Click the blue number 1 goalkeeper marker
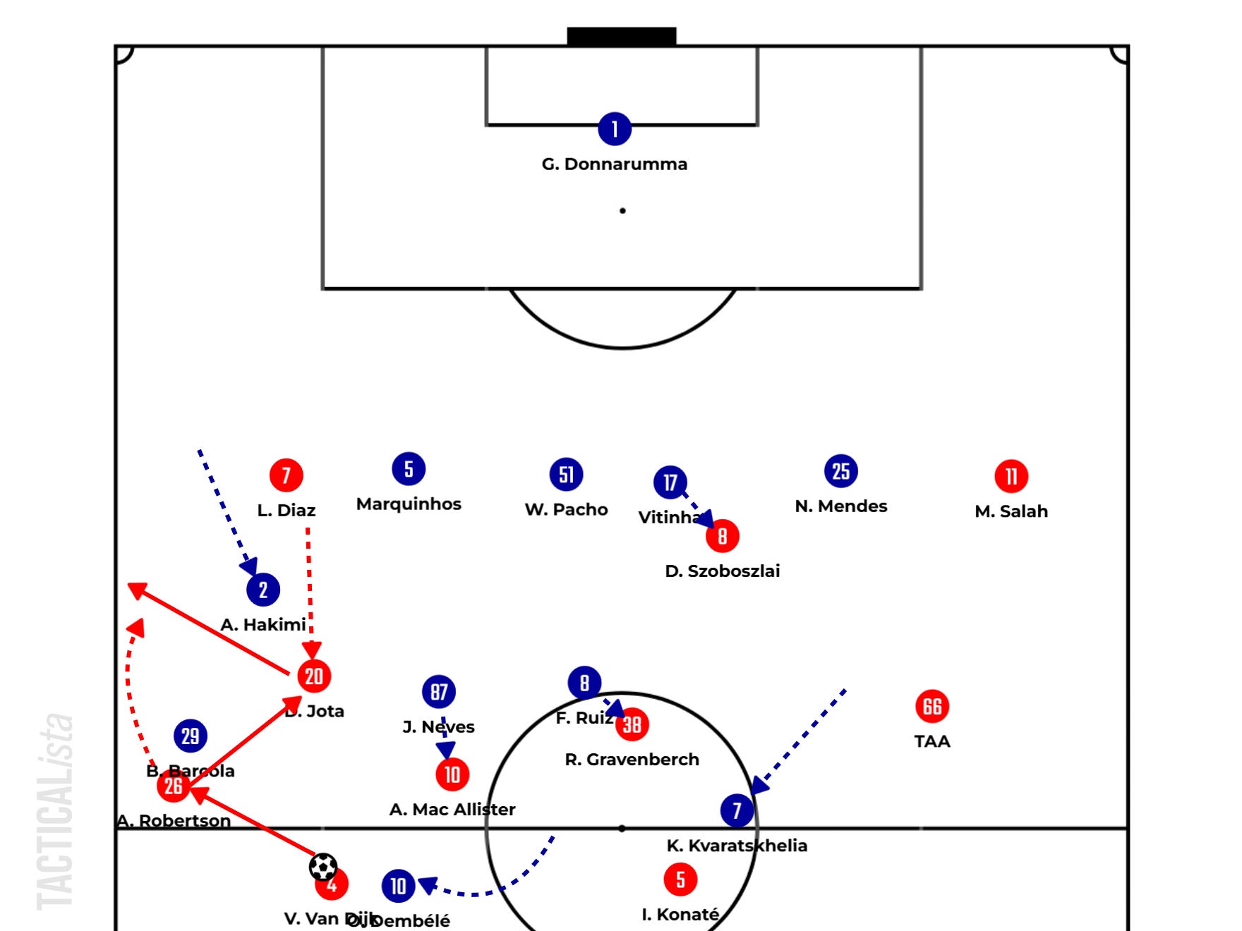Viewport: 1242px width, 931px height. (x=614, y=129)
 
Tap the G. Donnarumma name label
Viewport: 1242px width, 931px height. (x=614, y=164)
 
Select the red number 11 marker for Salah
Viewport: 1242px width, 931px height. (x=1011, y=477)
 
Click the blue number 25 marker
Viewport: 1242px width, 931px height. (x=840, y=471)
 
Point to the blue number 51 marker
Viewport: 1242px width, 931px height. (x=566, y=475)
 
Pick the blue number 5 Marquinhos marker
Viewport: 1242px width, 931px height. (x=409, y=469)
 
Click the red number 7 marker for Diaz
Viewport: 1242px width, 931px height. (x=286, y=475)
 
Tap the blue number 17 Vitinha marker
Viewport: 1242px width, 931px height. (x=670, y=482)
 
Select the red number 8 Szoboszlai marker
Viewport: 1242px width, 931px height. (x=722, y=536)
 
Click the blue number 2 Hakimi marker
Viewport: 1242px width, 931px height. (x=263, y=590)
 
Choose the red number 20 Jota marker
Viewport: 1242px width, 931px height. (x=314, y=676)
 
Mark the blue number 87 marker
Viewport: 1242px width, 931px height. (x=439, y=692)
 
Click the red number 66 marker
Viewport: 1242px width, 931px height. (x=931, y=706)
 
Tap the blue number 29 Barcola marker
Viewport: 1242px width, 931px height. (x=191, y=736)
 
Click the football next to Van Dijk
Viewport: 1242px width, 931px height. (x=323, y=867)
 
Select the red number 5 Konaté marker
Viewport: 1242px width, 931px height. (x=680, y=880)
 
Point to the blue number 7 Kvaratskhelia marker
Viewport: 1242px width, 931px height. (x=737, y=810)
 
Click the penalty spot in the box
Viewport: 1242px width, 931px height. (x=622, y=211)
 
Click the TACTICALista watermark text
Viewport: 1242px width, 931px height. (x=56, y=811)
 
